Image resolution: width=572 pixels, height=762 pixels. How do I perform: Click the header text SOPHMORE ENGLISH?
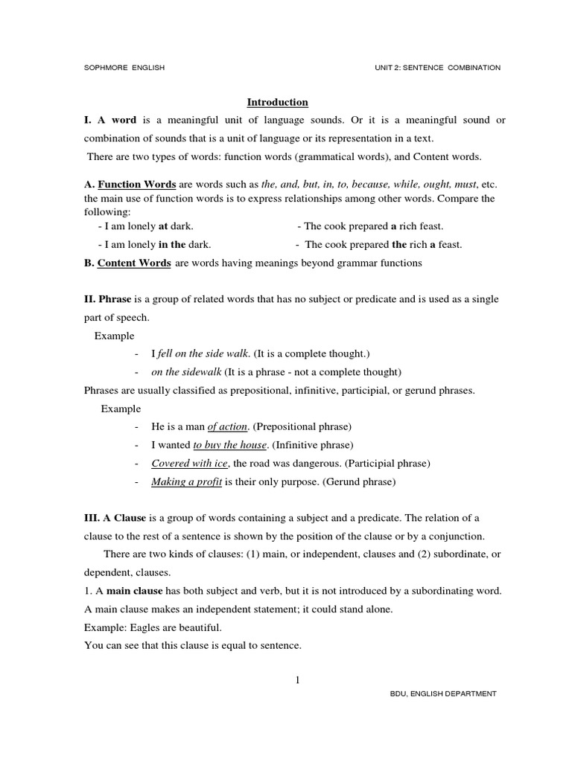(x=124, y=68)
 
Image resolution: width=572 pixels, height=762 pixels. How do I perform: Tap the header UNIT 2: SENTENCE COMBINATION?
(x=437, y=68)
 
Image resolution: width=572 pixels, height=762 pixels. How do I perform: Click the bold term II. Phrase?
(x=107, y=298)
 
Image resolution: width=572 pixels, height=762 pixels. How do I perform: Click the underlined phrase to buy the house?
(x=229, y=445)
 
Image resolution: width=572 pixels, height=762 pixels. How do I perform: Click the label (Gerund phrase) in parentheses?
(x=359, y=481)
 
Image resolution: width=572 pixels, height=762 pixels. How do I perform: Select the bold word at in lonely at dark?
(x=164, y=226)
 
